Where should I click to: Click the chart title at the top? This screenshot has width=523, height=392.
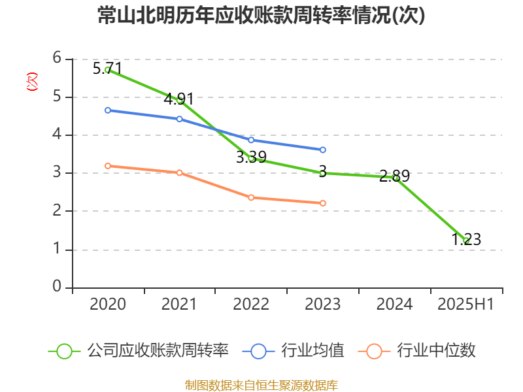click(261, 16)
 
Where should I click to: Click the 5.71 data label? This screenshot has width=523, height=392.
click(107, 68)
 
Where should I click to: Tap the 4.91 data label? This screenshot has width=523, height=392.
click(178, 99)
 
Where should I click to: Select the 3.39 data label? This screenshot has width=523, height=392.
click(250, 157)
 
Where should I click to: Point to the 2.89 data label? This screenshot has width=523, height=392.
click(394, 176)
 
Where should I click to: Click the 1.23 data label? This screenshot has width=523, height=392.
click(466, 240)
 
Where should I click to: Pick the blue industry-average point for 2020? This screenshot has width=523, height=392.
click(108, 110)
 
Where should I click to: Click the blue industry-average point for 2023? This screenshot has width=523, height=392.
click(323, 150)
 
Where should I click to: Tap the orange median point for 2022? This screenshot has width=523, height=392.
click(251, 197)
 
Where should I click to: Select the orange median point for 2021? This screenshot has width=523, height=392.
click(179, 172)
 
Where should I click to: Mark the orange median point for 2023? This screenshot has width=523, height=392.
click(323, 203)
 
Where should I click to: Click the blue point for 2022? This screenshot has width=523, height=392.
click(251, 140)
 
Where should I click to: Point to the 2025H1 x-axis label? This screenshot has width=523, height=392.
click(465, 304)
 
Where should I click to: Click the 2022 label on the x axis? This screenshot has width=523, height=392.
click(251, 304)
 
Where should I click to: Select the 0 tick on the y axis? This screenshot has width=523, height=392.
click(57, 287)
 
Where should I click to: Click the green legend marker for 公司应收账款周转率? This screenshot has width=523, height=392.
click(64, 351)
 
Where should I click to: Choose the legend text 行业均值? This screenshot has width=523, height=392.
click(312, 351)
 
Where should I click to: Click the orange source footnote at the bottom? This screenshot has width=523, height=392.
click(261, 385)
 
